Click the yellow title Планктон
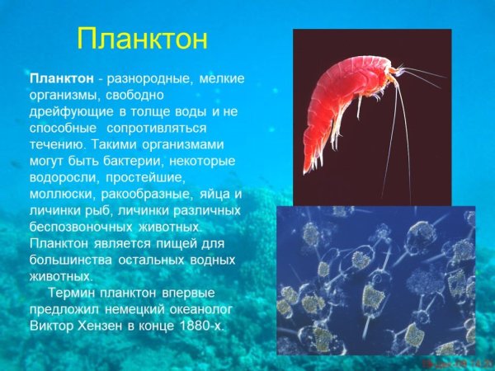pos(142,40)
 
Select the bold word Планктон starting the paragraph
pos(59,79)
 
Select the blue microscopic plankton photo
pos(375,280)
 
